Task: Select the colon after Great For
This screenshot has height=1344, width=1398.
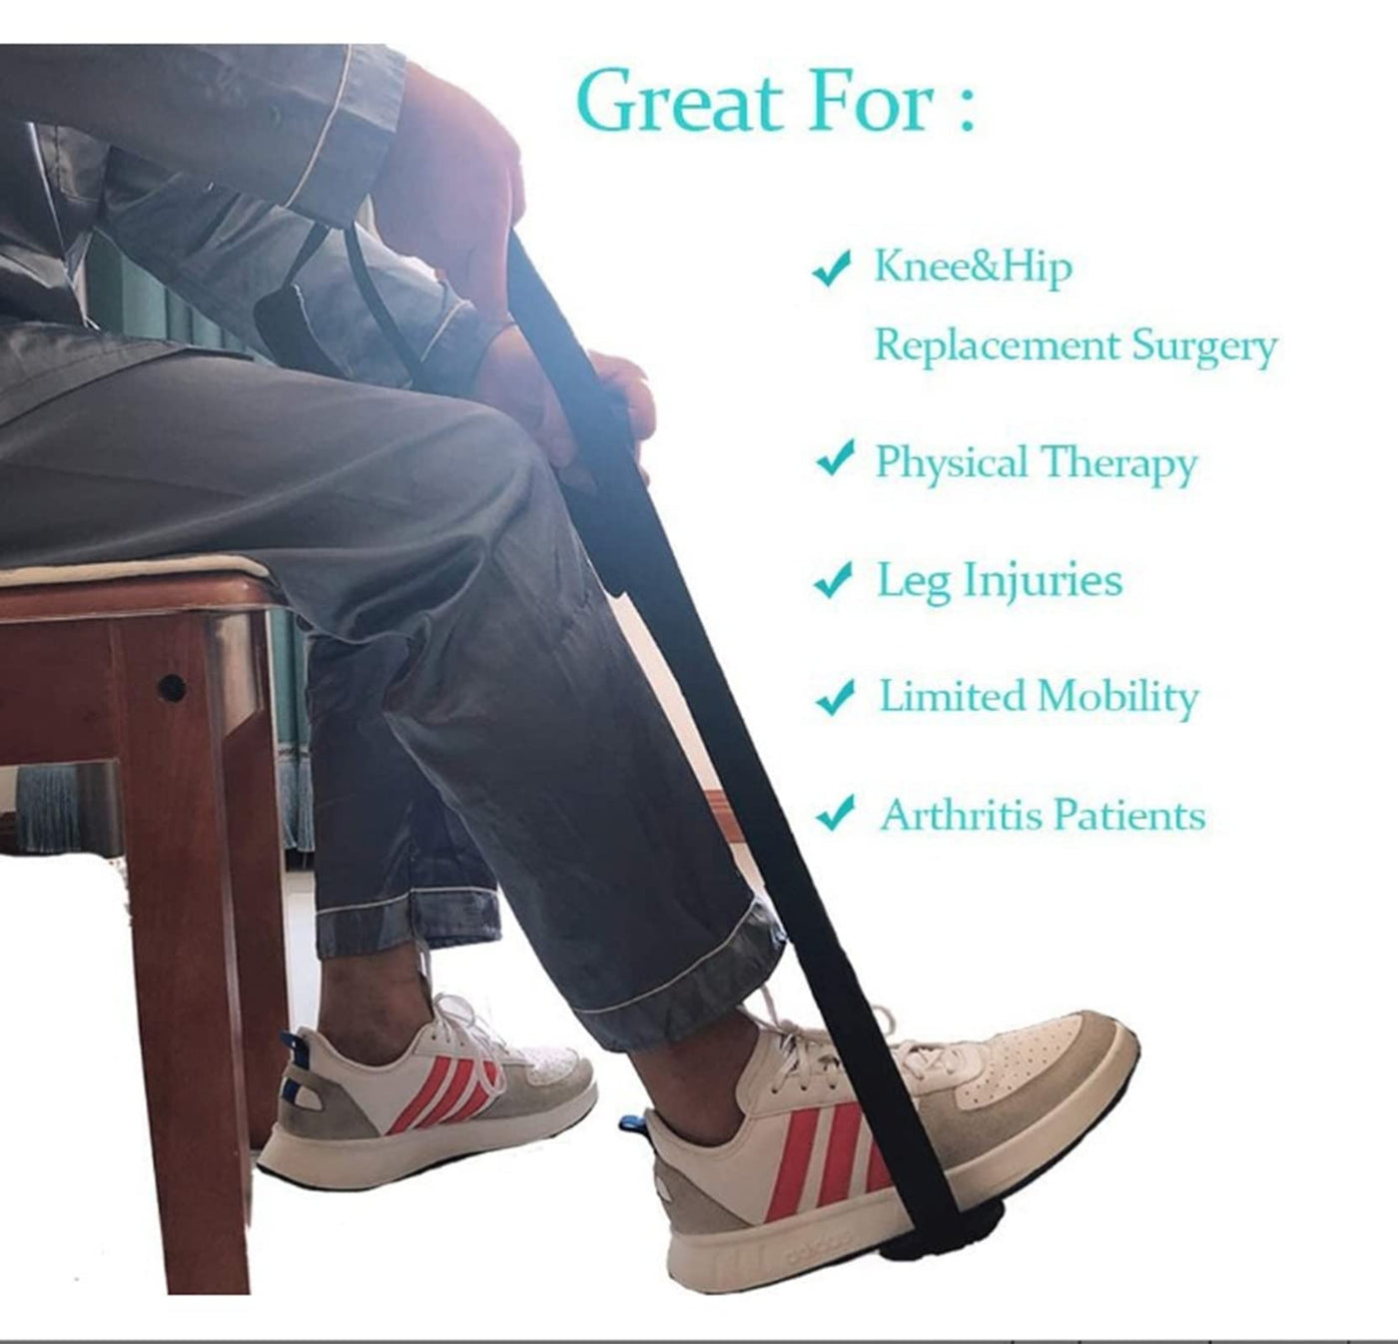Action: [x=966, y=109]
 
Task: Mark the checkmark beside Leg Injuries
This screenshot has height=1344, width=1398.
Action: [x=834, y=579]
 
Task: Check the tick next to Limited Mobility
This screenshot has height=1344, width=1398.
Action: [x=836, y=697]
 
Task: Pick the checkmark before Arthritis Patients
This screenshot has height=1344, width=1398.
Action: [x=836, y=813]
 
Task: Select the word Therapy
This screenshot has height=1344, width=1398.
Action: [x=1119, y=464]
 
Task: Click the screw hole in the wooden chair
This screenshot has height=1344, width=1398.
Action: [x=171, y=688]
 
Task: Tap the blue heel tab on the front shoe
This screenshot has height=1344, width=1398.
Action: [x=631, y=1122]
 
